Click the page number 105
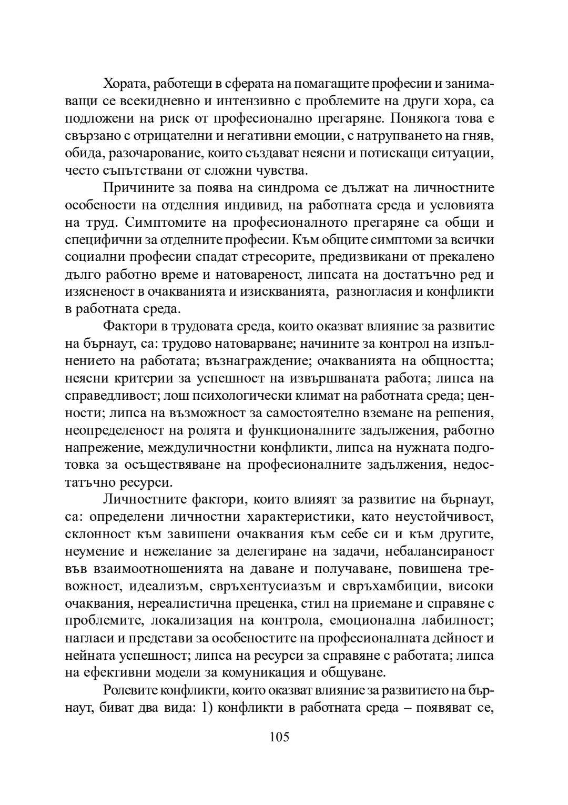click(x=279, y=737)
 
